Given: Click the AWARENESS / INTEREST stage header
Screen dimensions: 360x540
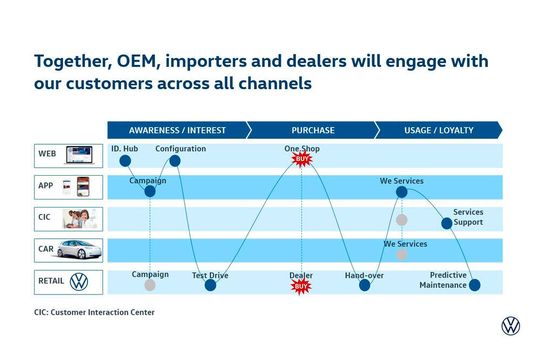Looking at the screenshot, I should pos(177,130).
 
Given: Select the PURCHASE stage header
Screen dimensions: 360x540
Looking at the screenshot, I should pos(312,130).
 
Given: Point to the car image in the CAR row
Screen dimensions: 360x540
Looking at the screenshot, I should pos(78,250).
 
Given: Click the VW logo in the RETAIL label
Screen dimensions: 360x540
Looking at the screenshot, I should pos(78,282).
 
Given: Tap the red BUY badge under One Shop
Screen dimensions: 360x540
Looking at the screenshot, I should pos(301,159).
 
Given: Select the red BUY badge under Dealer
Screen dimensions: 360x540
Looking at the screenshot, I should pos(301,286).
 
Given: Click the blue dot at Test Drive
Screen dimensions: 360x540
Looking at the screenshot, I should pos(210,285).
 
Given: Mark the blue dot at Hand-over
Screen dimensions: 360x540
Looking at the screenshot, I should pos(365,285).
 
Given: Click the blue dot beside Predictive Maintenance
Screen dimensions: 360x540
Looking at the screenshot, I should pos(474,285).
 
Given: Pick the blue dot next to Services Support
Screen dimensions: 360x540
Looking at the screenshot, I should pos(447,223).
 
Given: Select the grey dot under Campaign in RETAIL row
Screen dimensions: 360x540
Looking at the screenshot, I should pos(150,285).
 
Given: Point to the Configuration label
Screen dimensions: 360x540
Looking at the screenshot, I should pos(180,149).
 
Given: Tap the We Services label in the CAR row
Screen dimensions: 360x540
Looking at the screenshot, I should pos(405,243).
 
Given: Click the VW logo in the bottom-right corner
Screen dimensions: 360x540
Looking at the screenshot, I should pos(511,326).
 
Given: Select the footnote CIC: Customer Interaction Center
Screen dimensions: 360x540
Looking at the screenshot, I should pos(94,312).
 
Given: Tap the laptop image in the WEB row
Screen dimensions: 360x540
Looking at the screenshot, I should pos(79,155).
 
